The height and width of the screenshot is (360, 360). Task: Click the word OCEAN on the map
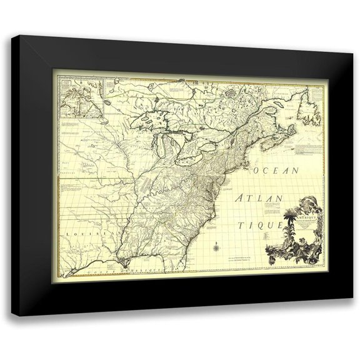pos(276,170)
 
